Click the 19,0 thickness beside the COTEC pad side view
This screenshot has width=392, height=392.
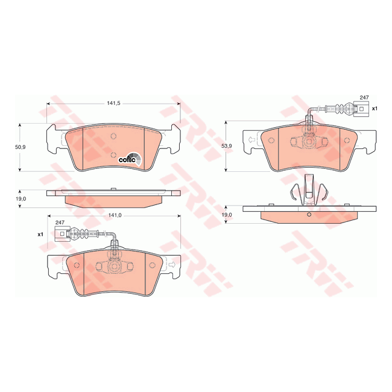21,198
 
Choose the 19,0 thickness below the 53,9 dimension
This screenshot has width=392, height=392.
227,215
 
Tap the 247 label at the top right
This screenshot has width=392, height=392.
364,98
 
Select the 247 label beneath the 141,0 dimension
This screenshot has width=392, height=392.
59,223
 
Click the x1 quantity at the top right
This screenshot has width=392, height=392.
374,109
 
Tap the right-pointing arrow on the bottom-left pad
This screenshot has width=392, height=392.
171,264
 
